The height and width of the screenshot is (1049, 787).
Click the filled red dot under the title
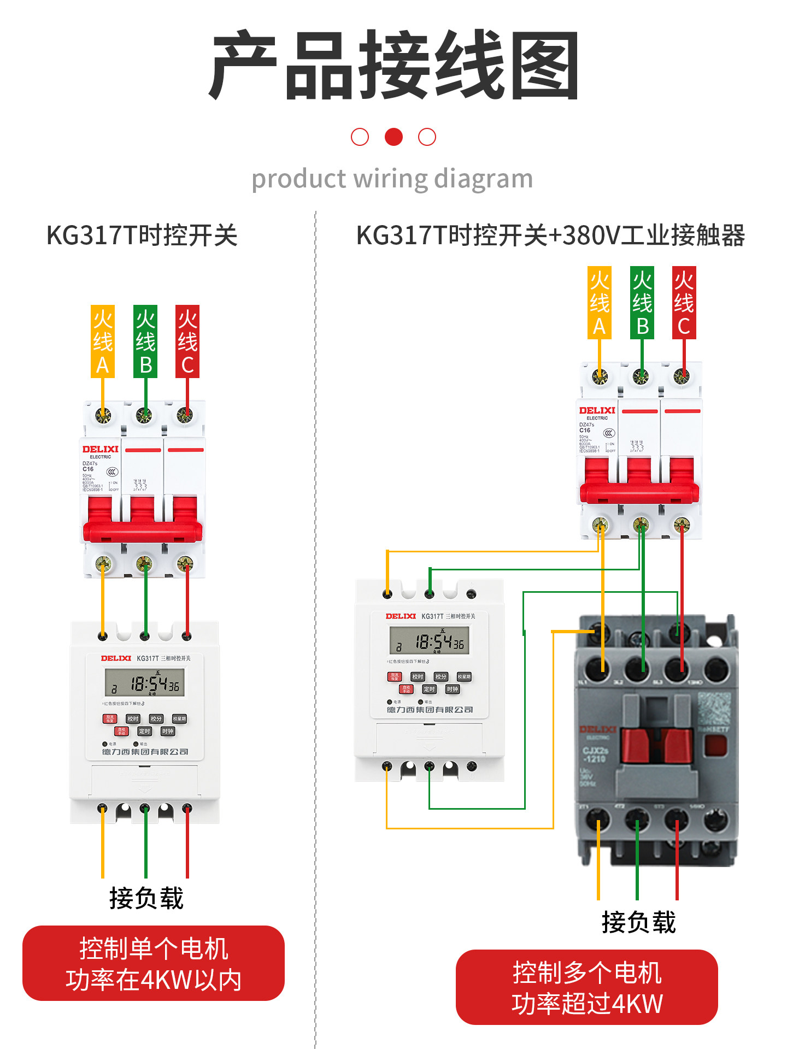[x=393, y=137]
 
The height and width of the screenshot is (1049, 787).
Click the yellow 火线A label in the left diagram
[x=103, y=341]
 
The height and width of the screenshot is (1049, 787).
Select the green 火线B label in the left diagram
[x=145, y=341]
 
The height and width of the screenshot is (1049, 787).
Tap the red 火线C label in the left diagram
[x=187, y=341]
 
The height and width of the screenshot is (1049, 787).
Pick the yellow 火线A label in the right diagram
[x=600, y=303]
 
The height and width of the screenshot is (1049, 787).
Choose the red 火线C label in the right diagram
[x=684, y=303]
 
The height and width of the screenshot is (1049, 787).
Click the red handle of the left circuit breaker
[x=143, y=530]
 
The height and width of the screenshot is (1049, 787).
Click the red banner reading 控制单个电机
[x=154, y=963]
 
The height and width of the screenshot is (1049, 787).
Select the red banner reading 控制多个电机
[x=587, y=987]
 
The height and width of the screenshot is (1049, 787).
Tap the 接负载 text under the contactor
[x=639, y=923]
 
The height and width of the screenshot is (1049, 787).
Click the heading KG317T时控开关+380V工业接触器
[x=550, y=235]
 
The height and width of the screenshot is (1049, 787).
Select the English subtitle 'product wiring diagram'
[x=392, y=179]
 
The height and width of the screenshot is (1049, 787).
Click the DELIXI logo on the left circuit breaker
[x=101, y=449]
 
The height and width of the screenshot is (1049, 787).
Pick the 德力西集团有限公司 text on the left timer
[x=145, y=752]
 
